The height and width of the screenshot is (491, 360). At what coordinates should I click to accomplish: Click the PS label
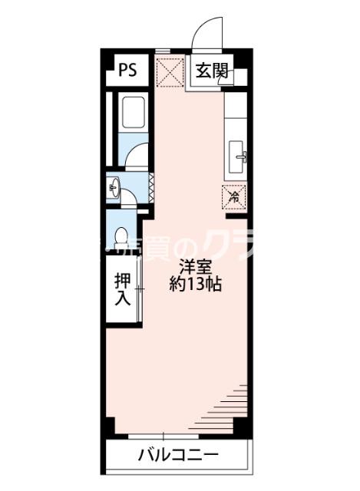(x=127, y=71)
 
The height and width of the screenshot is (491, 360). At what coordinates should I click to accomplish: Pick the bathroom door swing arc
(x=136, y=156)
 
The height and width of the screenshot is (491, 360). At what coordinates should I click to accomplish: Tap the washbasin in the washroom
(x=114, y=186)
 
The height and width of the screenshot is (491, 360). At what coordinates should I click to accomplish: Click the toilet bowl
(x=121, y=237)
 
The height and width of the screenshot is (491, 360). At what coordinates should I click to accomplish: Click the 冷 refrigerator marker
(x=234, y=196)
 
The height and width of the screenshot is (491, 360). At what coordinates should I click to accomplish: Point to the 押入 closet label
(x=122, y=286)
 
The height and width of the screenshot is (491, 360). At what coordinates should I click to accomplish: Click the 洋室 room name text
(x=194, y=267)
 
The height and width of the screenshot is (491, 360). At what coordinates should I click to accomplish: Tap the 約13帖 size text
(x=196, y=285)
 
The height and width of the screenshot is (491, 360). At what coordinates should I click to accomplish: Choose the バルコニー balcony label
(x=177, y=454)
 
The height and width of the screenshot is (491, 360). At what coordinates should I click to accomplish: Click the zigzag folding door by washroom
(x=151, y=184)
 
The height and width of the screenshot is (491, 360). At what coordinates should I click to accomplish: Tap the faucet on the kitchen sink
(x=243, y=157)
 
